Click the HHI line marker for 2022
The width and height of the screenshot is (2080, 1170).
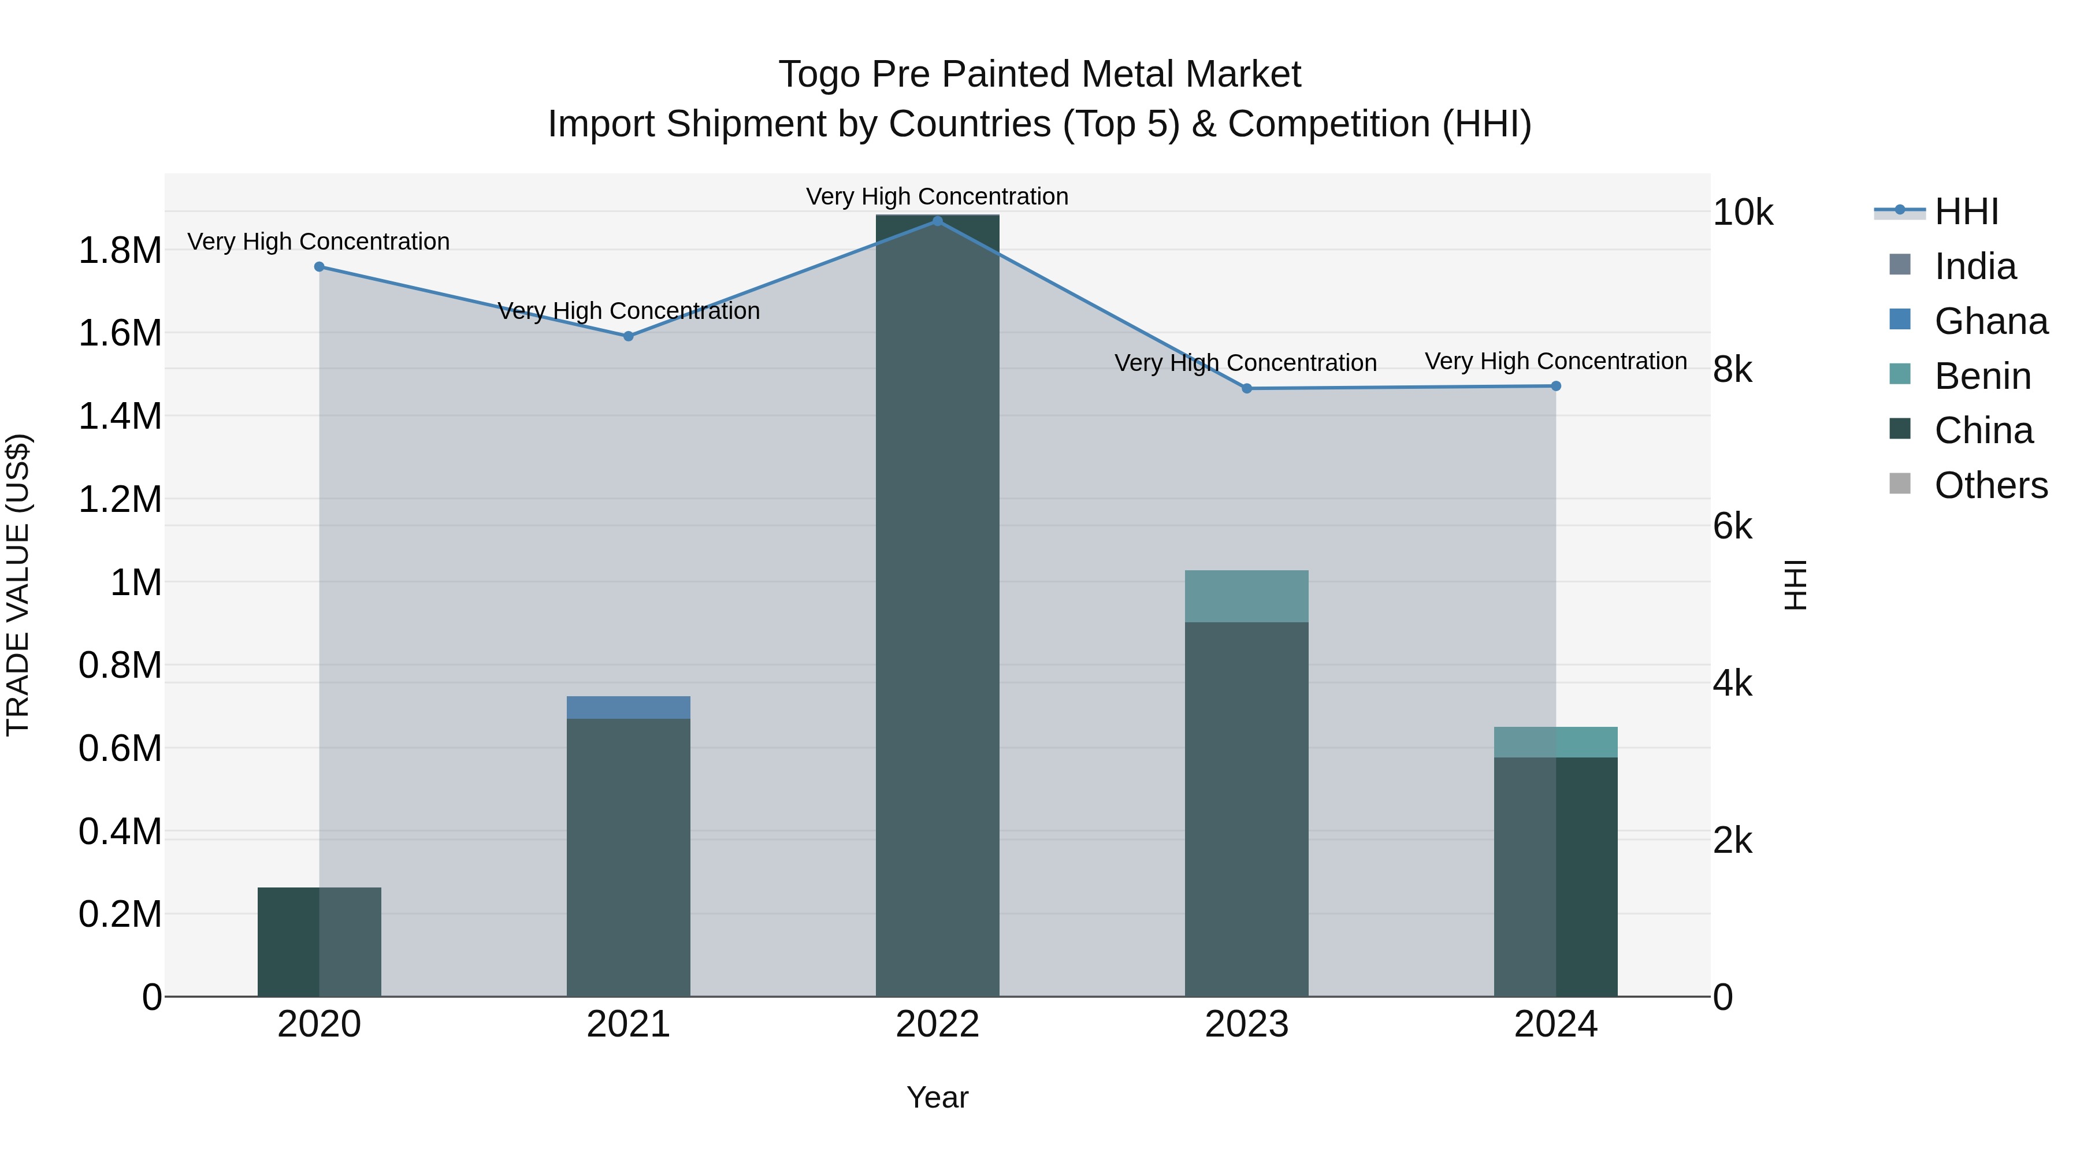(938, 221)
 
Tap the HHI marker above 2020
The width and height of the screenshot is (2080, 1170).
(319, 266)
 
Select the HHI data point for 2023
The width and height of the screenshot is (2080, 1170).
(1247, 388)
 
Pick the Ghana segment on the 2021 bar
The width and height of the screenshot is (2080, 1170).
(628, 707)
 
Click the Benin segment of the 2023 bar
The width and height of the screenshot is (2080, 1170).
(1247, 596)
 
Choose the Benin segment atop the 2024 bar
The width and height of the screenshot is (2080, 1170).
(1556, 742)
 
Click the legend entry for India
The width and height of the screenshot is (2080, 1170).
(1975, 266)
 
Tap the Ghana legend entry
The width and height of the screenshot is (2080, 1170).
(1990, 321)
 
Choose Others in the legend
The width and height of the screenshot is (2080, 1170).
(1990, 485)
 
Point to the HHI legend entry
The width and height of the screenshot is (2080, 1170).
(1966, 211)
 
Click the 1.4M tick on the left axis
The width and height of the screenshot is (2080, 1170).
(120, 417)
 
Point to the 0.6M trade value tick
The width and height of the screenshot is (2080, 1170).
(120, 748)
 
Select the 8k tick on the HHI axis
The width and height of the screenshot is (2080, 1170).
(1733, 370)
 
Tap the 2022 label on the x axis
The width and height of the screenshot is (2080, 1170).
(938, 1024)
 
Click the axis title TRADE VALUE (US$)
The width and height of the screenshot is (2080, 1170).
(18, 585)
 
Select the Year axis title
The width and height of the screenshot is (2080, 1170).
(938, 1097)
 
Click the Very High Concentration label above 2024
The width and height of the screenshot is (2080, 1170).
(1556, 361)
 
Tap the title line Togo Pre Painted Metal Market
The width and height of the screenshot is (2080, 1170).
(1039, 75)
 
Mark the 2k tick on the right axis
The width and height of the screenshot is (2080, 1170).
(1733, 841)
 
